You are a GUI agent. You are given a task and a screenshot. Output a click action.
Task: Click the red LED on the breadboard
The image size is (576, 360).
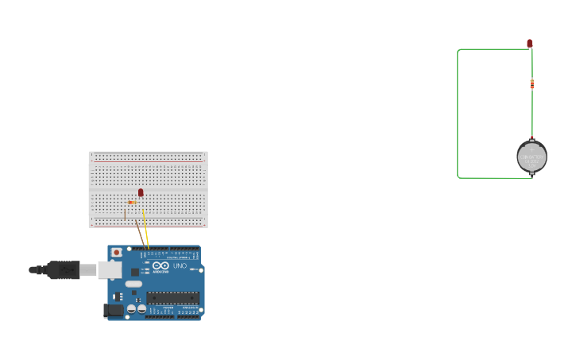(141, 192)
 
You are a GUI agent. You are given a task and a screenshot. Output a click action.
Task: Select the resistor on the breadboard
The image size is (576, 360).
(132, 203)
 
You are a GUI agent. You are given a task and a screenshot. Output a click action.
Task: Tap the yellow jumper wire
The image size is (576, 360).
(145, 230)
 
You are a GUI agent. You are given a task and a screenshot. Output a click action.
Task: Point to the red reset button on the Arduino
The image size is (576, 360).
(117, 252)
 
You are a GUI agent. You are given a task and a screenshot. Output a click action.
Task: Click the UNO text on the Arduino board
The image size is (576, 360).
(180, 265)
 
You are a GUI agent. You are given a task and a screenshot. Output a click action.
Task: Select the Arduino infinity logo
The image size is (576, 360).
(160, 265)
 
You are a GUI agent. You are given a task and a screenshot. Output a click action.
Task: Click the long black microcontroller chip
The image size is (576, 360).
(172, 298)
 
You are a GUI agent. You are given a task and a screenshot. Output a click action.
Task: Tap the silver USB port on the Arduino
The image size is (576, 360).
(110, 270)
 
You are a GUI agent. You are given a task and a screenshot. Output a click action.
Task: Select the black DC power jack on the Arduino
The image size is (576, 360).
(113, 311)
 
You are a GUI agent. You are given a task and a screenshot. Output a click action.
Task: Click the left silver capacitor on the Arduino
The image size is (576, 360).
(131, 309)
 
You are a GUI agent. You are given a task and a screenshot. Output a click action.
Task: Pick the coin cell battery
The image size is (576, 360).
(532, 157)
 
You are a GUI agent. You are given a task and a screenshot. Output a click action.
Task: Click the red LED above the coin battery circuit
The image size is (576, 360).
(530, 43)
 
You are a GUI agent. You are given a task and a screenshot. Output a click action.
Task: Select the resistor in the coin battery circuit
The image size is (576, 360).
(532, 83)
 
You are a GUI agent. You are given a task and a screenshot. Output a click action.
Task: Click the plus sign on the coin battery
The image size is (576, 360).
(532, 148)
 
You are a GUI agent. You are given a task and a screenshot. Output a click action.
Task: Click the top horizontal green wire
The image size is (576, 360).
(493, 49)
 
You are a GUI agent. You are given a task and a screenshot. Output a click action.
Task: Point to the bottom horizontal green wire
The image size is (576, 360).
(493, 178)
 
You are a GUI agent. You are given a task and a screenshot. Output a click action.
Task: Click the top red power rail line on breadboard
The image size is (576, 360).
(148, 155)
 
